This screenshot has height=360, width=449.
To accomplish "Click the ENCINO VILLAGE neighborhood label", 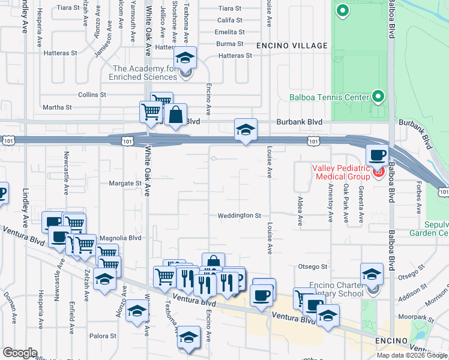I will coord(292,46).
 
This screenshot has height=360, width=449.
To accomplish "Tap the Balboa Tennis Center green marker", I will coord(378,96).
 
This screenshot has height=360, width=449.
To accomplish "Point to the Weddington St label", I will coord(240,215).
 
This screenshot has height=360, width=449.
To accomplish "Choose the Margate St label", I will coord(125,183).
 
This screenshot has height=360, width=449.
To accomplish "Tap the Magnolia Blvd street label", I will coord(119,238).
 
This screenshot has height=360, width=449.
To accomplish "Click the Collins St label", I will coord(92,95).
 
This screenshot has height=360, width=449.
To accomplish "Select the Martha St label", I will coord(57,107).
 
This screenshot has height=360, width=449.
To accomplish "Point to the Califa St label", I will coord(229,20).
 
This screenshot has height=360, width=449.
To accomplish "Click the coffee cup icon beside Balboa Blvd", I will coord(378,155).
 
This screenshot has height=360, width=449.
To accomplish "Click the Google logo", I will coord(20,353).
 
